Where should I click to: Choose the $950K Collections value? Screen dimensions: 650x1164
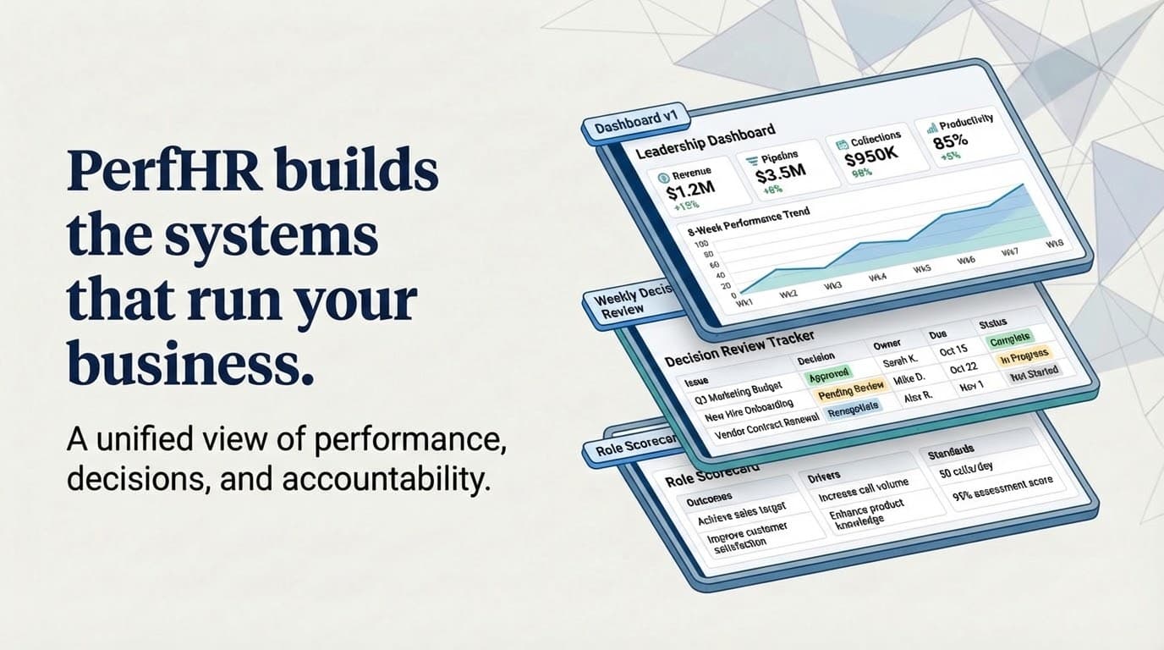tap(869, 157)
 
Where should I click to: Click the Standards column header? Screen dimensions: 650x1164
tap(951, 452)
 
